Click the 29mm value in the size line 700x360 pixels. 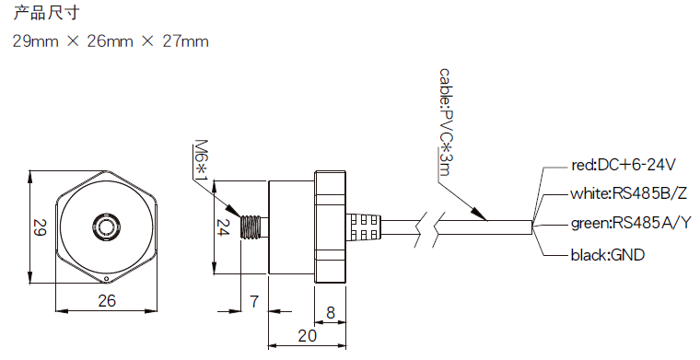coord(35,41)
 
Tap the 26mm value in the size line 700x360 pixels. coord(110,41)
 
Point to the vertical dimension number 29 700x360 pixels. coord(39,227)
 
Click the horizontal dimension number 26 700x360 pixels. coord(107,300)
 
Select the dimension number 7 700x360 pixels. coord(254,301)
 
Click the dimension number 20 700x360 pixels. coord(307,336)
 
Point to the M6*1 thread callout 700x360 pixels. coord(202,162)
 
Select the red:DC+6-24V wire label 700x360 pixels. coord(624,166)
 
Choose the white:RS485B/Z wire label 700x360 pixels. coord(628,193)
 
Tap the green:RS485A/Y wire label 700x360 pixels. coord(630,223)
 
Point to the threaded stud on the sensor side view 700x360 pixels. coord(252,226)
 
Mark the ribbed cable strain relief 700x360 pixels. coord(363,226)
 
